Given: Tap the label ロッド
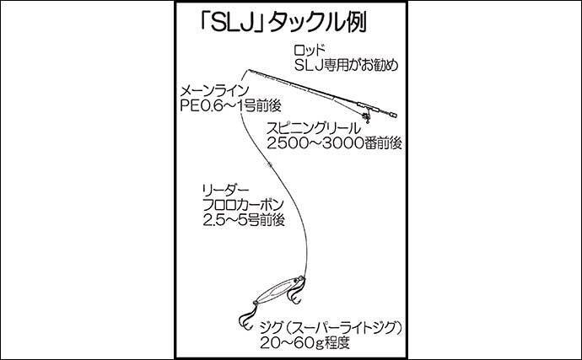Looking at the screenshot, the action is tap(310, 51).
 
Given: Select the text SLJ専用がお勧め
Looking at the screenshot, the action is tap(346, 65).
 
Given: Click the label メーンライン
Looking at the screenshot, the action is tap(213, 91).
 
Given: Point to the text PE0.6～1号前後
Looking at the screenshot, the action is tap(230, 106).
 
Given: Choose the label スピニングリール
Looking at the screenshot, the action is tap(314, 128).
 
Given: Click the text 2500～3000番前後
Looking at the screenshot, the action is tap(334, 143).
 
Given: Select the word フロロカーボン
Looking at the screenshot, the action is tap(243, 205).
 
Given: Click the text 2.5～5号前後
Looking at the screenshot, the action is tap(244, 220).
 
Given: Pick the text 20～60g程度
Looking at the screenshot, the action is tap(304, 342).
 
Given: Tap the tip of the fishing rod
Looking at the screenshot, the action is tap(248, 69).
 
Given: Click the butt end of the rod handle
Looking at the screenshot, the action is tap(395, 116).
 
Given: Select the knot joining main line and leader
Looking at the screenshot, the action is tap(269, 164).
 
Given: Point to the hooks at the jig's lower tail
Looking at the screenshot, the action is tap(246, 314).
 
